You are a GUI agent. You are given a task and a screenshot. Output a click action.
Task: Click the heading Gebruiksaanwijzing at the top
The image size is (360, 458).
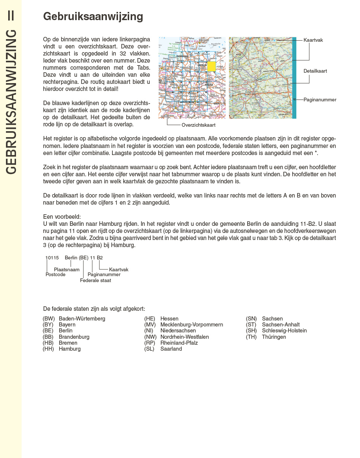93,17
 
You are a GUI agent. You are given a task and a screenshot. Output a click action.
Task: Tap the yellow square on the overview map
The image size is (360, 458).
211,67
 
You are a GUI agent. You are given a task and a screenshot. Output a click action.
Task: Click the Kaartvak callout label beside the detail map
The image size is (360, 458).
313,40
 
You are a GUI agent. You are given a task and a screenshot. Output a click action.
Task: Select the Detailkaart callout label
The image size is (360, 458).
315,71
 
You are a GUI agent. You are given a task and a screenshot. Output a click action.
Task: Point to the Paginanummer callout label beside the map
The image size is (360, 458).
320,100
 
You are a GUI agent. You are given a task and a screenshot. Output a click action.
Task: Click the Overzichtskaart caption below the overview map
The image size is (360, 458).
198,125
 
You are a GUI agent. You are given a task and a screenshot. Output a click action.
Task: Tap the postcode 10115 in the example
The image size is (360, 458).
52,258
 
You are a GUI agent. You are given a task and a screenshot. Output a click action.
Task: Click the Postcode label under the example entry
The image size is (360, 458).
55,275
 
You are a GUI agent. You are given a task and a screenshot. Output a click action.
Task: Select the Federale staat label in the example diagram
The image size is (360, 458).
95,281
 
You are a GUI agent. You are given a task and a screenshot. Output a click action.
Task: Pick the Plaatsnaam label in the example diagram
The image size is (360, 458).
67,269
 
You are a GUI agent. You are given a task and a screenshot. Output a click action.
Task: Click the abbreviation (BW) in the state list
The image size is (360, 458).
49,319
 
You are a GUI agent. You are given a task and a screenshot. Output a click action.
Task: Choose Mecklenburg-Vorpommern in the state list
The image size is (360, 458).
191,325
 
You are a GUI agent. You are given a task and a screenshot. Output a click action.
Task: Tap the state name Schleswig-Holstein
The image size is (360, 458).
284,331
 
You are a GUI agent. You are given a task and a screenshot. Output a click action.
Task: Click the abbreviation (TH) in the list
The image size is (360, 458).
251,337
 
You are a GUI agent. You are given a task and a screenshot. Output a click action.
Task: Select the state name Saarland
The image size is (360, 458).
171,349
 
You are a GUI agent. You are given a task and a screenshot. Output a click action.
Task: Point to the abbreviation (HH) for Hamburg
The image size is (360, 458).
48,349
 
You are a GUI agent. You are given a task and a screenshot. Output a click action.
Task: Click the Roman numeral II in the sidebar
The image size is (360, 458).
11,15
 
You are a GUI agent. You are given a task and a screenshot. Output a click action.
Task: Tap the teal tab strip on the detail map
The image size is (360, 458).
294,78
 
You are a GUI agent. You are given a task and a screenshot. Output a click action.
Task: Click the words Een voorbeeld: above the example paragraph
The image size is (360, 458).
62,217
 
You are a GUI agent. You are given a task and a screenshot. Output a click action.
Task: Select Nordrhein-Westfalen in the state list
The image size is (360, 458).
184,337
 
